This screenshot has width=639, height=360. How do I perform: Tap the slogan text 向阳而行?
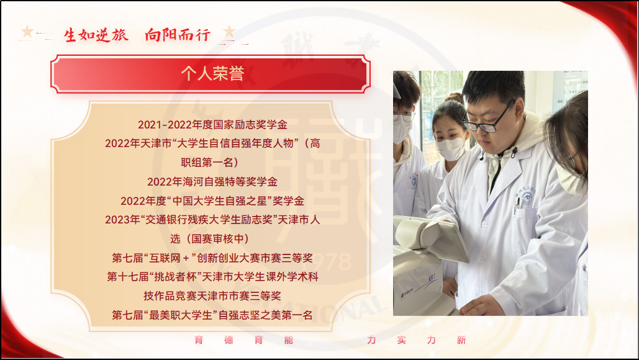coord(178,35)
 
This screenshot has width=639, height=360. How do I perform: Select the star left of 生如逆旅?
coord(27,31)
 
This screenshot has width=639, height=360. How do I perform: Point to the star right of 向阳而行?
coord(229,31)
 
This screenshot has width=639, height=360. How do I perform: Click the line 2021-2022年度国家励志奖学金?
coord(212,125)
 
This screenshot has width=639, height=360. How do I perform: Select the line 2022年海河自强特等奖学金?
coord(212,182)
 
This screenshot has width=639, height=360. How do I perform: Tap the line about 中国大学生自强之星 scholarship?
coord(212,201)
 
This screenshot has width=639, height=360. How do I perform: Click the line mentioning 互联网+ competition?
coord(212,258)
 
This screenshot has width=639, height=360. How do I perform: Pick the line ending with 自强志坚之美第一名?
coord(212,315)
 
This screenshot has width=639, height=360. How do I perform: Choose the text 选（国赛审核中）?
coord(213,239)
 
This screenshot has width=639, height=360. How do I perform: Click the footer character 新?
coord(461,340)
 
